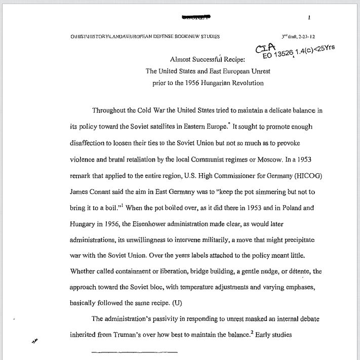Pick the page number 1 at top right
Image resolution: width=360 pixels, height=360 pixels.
tap(308, 18)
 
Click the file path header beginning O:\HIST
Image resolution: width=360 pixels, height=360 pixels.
tap(146, 37)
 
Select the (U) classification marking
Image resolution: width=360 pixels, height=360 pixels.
tap(177, 304)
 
